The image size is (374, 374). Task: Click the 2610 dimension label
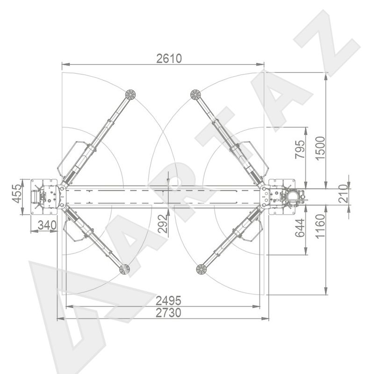tap(169, 58)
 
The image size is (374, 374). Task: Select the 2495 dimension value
tap(168, 301)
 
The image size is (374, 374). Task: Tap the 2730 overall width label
tap(168, 313)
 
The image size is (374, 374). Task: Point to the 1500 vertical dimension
tap(320, 148)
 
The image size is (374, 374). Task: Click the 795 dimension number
tap(300, 149)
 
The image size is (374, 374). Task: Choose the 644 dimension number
tap(300, 228)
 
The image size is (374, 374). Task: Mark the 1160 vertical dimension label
tap(320, 226)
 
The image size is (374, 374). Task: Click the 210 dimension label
tap(343, 193)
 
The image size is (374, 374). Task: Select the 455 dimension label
tap(17, 194)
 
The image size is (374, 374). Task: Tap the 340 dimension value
tap(47, 225)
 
